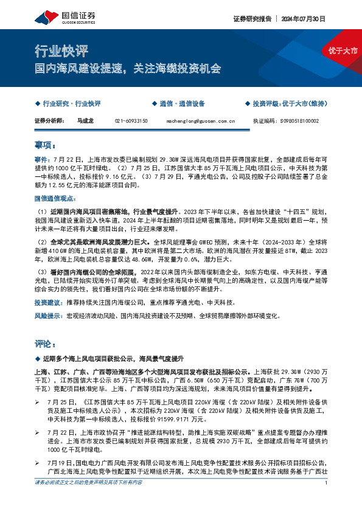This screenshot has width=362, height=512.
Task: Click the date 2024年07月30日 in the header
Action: (x=304, y=18)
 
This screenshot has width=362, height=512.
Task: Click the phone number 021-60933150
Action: (x=131, y=121)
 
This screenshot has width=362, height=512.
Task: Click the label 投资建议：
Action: (x=49, y=302)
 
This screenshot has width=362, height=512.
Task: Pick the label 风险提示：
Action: (x=49, y=316)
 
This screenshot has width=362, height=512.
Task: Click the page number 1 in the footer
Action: (x=327, y=500)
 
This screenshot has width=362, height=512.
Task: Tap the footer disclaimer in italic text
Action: (x=89, y=500)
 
